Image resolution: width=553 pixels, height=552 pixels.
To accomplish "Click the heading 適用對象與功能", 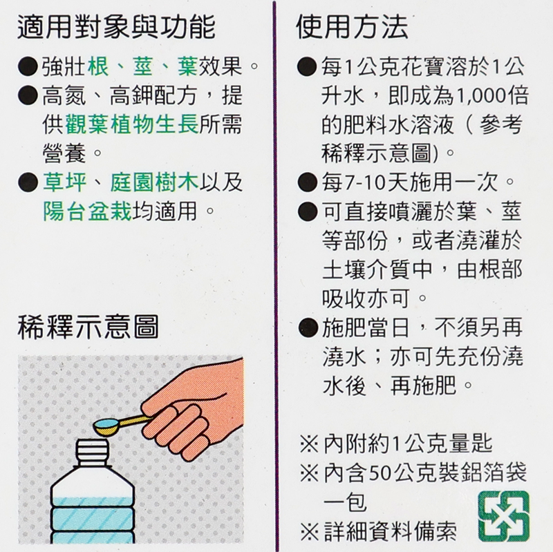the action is tap(116, 27).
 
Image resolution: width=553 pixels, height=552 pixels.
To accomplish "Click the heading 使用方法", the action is tap(352, 27).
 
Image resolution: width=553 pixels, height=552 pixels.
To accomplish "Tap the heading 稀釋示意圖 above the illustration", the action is tap(88, 327).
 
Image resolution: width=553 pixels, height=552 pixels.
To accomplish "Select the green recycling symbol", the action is tap(504, 516).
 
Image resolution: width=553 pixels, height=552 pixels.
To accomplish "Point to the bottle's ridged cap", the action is tap(92, 451).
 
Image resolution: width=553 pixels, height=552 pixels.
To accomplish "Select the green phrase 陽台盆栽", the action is tap(87, 211).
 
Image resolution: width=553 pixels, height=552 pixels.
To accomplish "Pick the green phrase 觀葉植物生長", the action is tap(132, 124).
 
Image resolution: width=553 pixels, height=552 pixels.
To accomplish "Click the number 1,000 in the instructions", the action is tap(482, 96).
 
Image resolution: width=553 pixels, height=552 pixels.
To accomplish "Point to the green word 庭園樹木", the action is tap(154, 182).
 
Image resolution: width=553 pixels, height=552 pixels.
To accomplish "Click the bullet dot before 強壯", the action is tap(28, 66).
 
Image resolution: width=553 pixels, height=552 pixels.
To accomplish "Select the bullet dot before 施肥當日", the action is tap(308, 328).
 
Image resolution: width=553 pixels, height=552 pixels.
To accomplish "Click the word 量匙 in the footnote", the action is tap(470, 444).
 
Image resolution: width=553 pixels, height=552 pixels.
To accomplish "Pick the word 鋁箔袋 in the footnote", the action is tap(494, 473).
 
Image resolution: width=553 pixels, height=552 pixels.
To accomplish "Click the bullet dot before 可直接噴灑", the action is tap(308, 211).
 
